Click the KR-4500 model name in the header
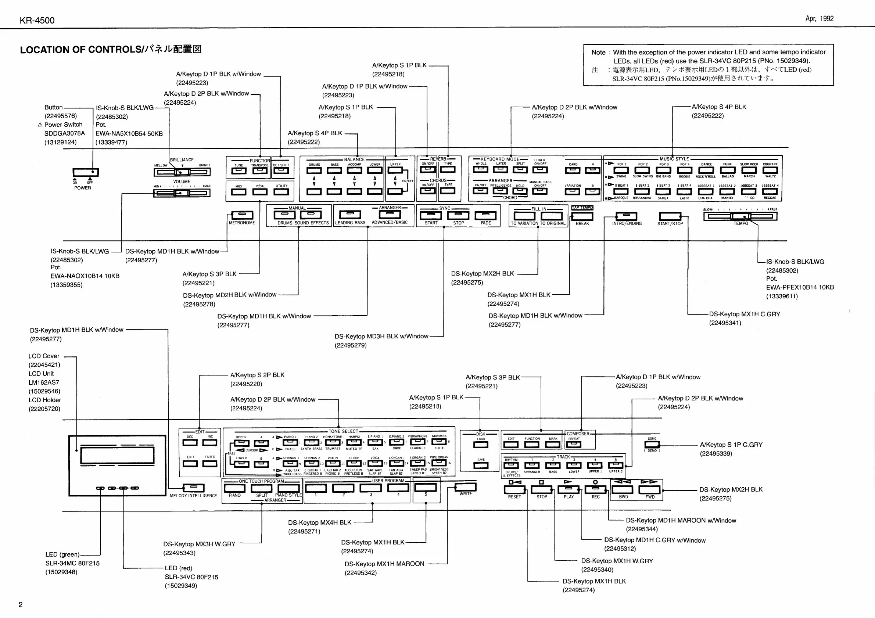tap(37, 21)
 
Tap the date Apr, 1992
tap(820, 19)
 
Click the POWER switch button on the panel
tap(86, 172)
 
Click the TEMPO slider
tap(740, 216)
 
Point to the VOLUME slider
tap(182, 193)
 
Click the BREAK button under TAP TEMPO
tap(582, 216)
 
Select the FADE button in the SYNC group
tap(485, 216)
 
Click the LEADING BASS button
tap(350, 215)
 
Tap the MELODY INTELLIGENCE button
tap(194, 488)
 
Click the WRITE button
tap(466, 487)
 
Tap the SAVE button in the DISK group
tap(481, 465)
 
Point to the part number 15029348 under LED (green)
tap(61, 572)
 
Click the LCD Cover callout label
tap(44, 356)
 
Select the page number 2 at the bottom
tap(21, 605)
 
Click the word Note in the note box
tap(598, 53)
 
